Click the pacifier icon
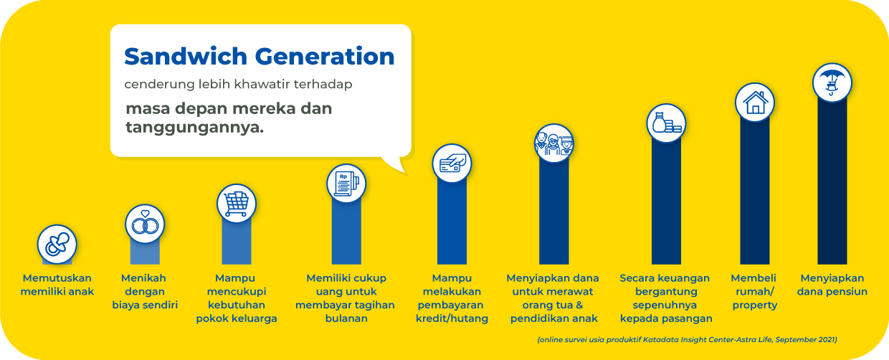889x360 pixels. [x=57, y=245]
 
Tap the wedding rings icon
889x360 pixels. [x=145, y=224]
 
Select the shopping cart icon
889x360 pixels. [x=237, y=204]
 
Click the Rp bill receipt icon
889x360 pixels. [x=346, y=184]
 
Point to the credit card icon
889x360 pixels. [x=452, y=164]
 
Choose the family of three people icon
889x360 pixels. [x=554, y=143]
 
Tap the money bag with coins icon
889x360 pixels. [x=666, y=123]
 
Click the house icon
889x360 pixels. [x=755, y=103]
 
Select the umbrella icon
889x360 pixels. [x=832, y=83]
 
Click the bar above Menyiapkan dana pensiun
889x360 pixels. [x=832, y=183]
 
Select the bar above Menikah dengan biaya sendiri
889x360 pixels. [x=145, y=253]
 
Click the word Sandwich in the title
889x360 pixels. [x=186, y=57]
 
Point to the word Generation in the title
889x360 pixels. [x=325, y=57]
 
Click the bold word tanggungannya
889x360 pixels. [x=195, y=128]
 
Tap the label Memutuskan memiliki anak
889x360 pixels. [x=57, y=285]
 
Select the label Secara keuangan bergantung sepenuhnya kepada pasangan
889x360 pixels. [x=666, y=298]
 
